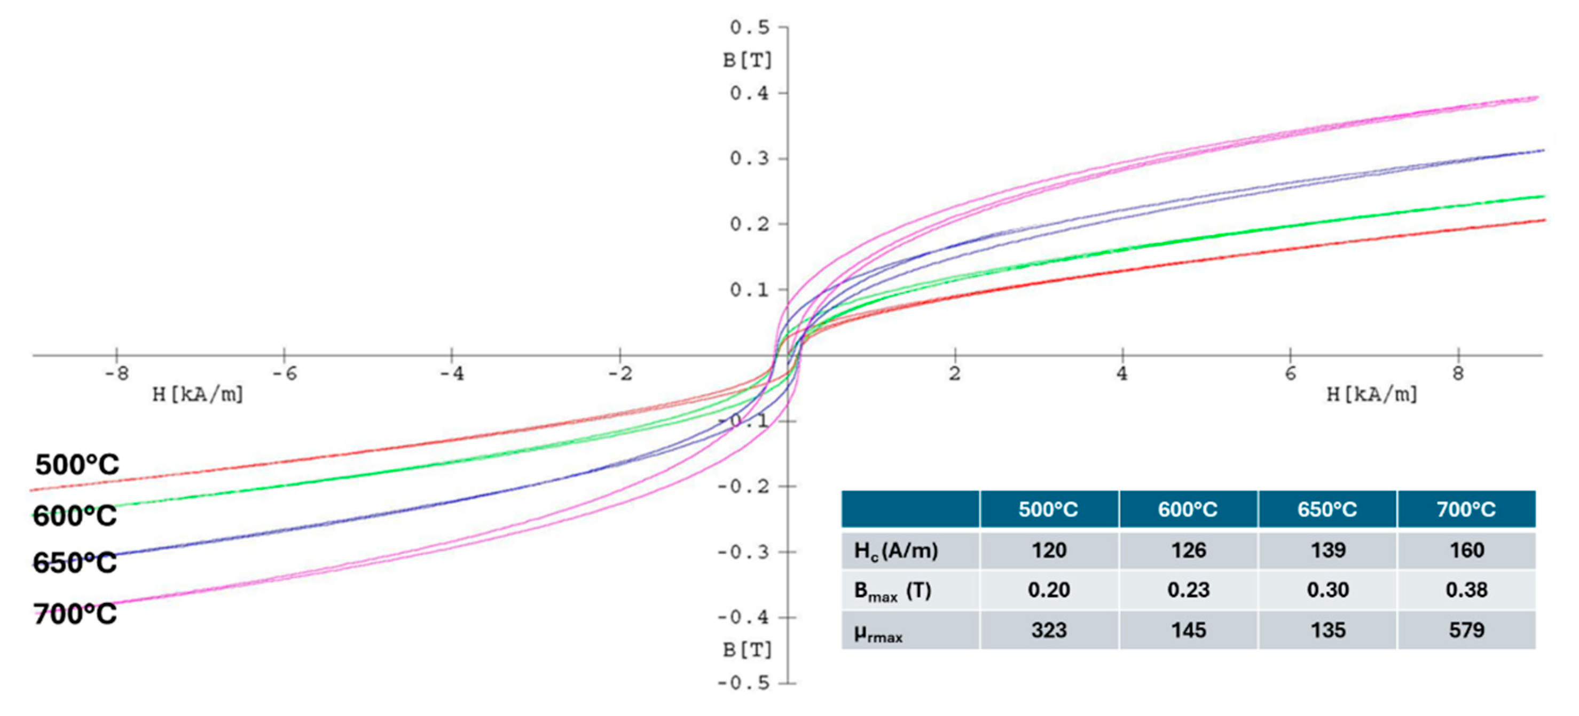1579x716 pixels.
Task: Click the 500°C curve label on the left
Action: point(77,464)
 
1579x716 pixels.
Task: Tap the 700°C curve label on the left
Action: point(75,614)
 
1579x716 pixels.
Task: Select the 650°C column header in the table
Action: point(1327,510)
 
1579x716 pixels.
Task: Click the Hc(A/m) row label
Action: point(895,551)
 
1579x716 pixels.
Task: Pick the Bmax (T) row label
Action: point(892,591)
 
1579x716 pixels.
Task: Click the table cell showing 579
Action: point(1466,630)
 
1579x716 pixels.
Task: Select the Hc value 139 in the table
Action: point(1327,550)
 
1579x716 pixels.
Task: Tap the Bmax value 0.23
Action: point(1188,590)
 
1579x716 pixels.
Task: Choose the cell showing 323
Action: point(1049,630)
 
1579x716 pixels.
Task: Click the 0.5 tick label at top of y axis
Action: point(749,28)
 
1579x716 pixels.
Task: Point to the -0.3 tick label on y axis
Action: point(743,552)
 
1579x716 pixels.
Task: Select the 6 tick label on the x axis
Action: point(1290,373)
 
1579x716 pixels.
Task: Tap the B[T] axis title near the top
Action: point(747,61)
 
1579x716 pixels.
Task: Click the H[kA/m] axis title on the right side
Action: point(1372,394)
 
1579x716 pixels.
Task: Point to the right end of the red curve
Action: point(1545,220)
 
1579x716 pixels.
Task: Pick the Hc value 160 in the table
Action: point(1466,550)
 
